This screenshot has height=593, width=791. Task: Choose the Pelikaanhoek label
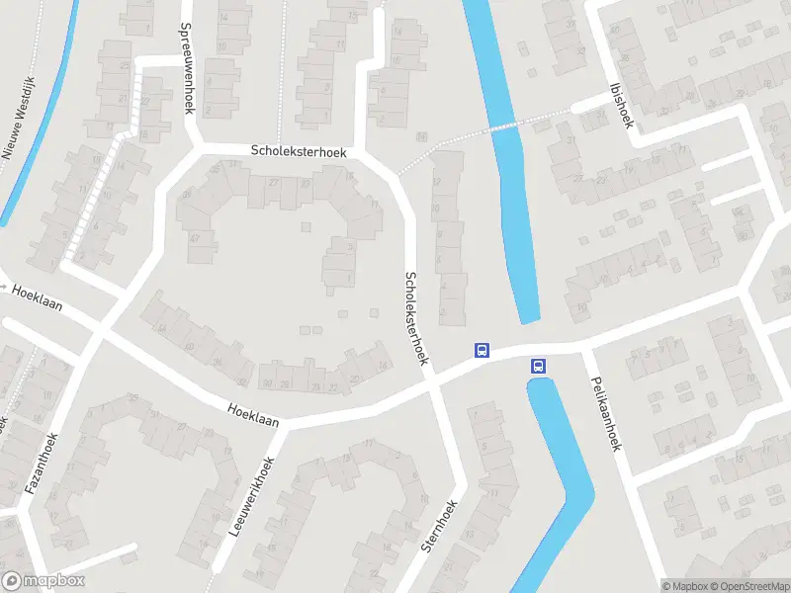coord(604,413)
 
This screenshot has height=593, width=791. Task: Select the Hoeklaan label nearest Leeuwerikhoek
coord(252,415)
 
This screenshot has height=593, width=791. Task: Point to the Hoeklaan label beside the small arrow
coord(38,297)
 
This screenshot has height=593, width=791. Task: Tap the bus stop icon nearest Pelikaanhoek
coord(539,366)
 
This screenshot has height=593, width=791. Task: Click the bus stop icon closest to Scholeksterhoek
coord(482,350)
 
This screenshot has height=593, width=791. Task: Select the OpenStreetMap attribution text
coord(746,586)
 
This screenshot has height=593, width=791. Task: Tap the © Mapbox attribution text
coord(683,586)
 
